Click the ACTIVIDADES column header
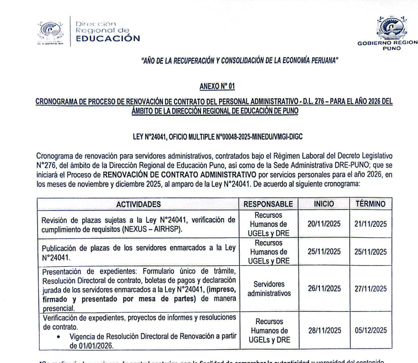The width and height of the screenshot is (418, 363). point(139,204)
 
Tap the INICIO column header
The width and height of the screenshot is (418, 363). point(324,204)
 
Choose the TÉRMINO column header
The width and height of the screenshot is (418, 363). point(370,204)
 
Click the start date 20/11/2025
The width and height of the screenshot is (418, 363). point(324,224)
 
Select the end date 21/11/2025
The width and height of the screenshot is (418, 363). point(370,224)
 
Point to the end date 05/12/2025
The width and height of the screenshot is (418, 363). point(370,330)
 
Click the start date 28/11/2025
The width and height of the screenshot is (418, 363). point(324,330)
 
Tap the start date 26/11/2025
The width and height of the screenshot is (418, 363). point(324,289)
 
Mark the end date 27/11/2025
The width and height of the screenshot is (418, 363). point(370,289)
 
